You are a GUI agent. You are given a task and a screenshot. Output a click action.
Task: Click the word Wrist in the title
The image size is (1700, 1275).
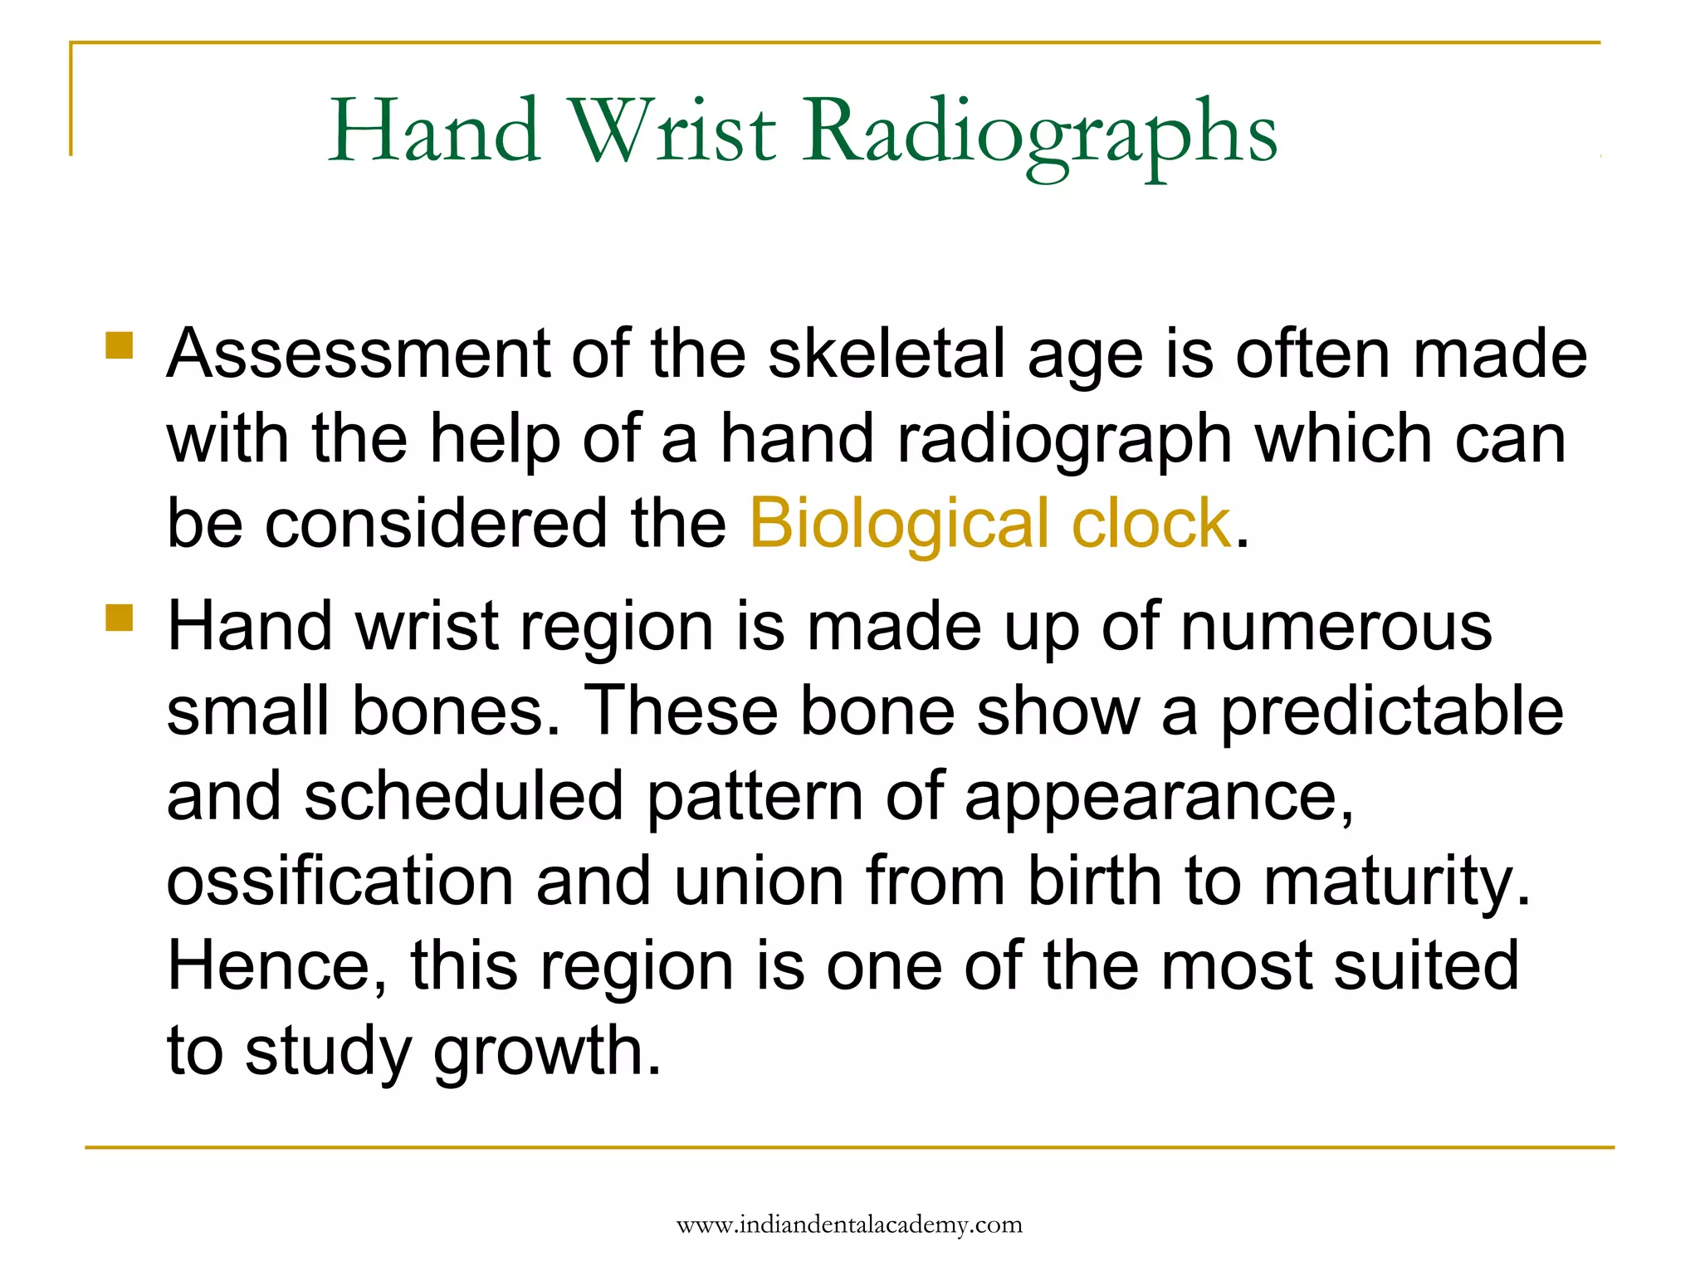point(673,131)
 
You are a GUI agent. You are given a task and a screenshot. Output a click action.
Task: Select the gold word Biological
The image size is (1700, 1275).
point(899,524)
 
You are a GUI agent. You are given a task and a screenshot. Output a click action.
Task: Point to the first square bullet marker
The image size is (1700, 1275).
point(120,345)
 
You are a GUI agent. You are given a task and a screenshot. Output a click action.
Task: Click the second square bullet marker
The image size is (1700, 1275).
point(120,618)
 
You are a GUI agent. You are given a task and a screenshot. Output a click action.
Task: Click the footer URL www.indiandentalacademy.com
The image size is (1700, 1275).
point(849,1224)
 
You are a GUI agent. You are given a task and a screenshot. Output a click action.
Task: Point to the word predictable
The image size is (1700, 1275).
point(1391,711)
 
